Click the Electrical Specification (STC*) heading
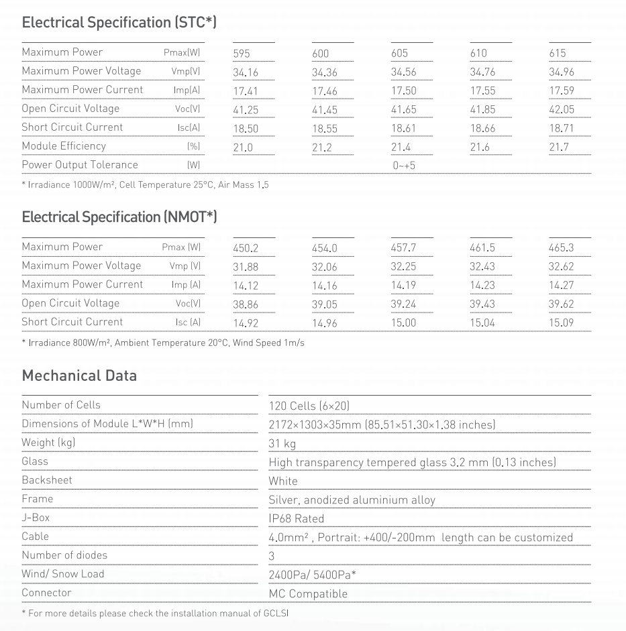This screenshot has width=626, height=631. tap(119, 23)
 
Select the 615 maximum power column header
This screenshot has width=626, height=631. tap(558, 53)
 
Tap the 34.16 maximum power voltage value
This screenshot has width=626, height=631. tap(246, 72)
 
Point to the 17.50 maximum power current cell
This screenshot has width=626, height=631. tap(403, 91)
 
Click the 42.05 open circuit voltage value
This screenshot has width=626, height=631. tap(562, 109)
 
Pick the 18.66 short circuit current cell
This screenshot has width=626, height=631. tap(482, 128)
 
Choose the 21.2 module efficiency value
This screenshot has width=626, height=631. tap(322, 147)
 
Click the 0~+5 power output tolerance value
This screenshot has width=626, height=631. tap(404, 165)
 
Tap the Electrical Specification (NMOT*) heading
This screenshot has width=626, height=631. tap(119, 217)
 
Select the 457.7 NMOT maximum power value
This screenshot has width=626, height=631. tap(403, 248)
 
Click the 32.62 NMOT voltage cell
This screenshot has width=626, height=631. tap(562, 266)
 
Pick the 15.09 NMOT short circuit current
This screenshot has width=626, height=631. tap(562, 323)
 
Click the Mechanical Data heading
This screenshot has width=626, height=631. tap(79, 376)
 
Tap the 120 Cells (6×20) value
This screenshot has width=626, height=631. tap(309, 406)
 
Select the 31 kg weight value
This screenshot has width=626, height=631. tap(282, 443)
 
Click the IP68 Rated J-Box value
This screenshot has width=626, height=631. tap(296, 518)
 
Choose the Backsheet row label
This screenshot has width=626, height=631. tap(47, 480)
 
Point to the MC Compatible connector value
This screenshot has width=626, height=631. tap(308, 593)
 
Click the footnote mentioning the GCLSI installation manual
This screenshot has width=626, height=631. tap(155, 613)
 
